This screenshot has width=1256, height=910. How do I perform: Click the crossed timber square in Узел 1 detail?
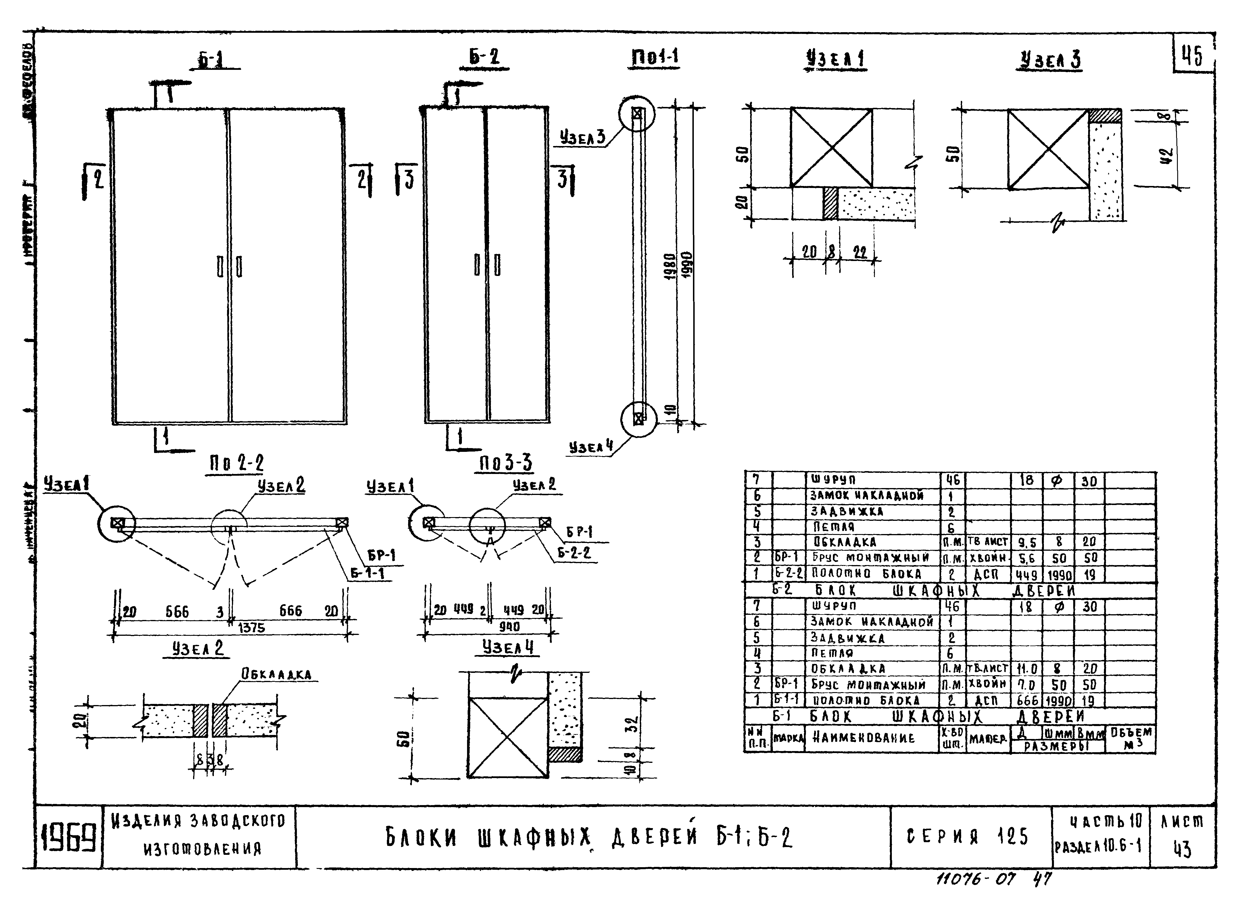click(x=831, y=148)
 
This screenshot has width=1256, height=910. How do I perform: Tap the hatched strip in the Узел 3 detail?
click(x=1105, y=116)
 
